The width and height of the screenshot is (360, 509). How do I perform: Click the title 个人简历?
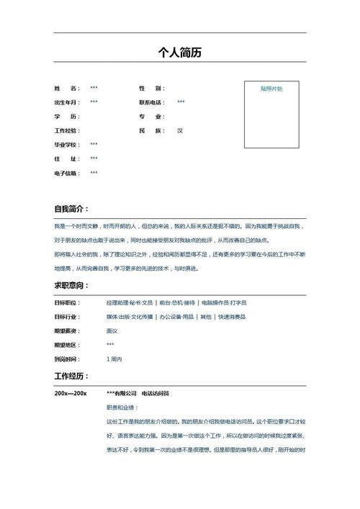click(179, 53)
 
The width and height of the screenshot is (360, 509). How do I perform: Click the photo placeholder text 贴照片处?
click(271, 89)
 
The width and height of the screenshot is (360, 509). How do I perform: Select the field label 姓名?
click(66, 89)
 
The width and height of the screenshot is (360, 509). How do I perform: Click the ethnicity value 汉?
click(180, 130)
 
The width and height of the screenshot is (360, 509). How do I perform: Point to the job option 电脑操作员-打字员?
click(224, 303)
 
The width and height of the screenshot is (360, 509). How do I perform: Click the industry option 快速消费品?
click(232, 317)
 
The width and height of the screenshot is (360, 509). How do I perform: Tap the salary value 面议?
click(112, 330)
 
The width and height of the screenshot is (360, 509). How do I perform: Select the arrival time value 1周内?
click(114, 359)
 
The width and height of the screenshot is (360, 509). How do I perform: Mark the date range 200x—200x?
click(71, 393)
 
